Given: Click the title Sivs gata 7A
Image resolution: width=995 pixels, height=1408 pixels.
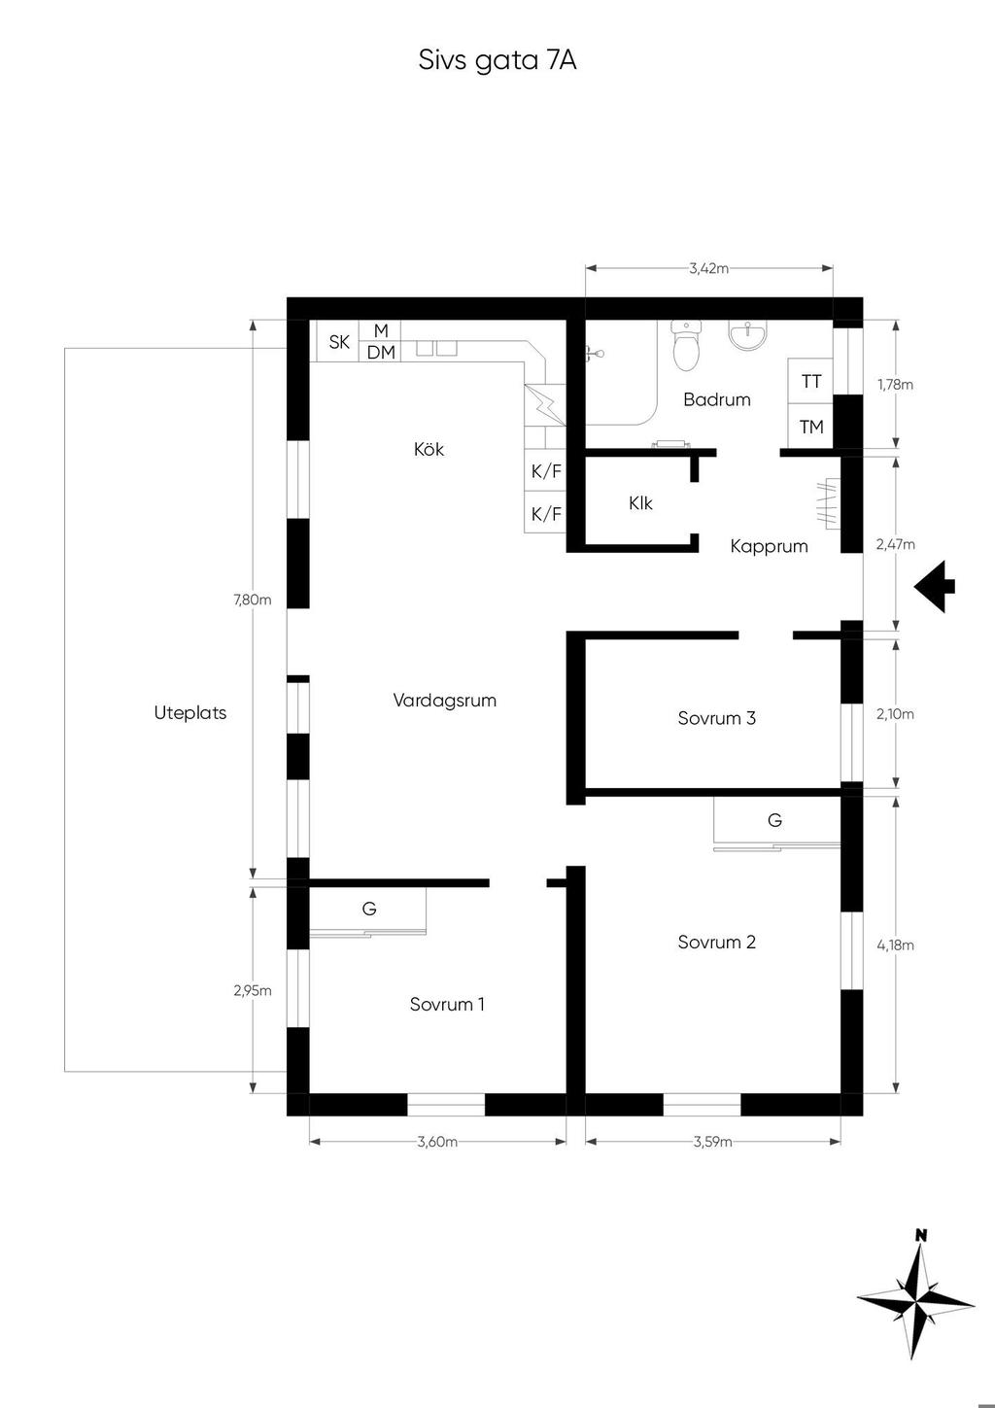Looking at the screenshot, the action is click(497, 61).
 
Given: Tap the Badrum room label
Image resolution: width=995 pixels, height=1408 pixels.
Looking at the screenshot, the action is click(716, 399).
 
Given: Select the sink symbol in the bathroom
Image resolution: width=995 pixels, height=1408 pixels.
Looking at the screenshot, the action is click(748, 334).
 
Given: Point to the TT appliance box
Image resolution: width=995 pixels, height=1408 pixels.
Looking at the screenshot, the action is click(810, 382).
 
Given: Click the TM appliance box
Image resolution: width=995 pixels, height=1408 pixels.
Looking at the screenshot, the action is click(810, 427).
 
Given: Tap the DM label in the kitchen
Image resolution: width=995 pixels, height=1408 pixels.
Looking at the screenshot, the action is click(381, 353).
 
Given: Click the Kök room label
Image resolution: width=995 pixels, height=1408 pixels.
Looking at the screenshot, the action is click(429, 450).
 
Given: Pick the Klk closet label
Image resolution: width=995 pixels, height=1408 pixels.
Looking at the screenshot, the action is click(640, 503).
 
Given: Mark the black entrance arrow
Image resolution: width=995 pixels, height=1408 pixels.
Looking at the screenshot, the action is click(935, 587).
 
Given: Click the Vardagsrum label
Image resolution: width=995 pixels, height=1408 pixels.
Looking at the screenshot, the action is click(444, 701).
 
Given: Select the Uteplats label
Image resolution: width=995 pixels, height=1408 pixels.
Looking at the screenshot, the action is click(189, 713).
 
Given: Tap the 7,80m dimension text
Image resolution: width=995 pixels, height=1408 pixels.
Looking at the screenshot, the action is click(253, 600).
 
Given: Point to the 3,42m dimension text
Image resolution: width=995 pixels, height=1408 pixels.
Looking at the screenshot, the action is click(709, 268).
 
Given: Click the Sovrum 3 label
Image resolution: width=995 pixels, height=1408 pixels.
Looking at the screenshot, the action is click(716, 718).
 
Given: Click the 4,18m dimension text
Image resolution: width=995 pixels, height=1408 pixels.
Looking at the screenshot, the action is click(895, 944).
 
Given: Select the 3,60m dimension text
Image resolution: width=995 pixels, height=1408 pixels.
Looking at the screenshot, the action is click(437, 1142).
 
